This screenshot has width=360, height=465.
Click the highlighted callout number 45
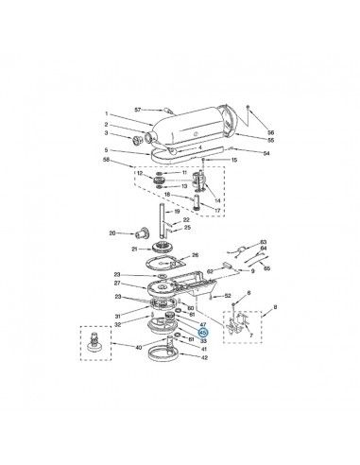click(x=202, y=333)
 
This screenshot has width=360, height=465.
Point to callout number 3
click(x=108, y=135)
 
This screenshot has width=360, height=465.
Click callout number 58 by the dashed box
click(x=108, y=161)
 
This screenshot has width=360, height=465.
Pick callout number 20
click(x=112, y=232)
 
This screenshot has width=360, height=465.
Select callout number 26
click(x=195, y=254)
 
